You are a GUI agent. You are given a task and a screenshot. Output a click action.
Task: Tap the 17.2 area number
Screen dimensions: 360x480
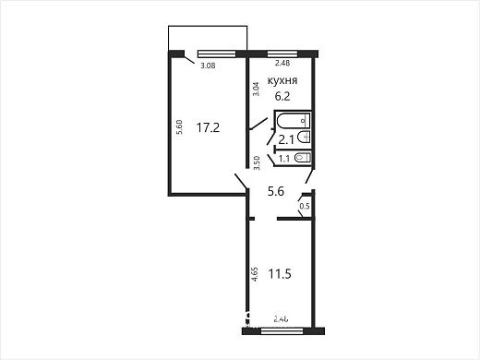[208, 127]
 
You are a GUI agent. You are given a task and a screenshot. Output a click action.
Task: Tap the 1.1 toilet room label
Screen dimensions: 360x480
[284, 159]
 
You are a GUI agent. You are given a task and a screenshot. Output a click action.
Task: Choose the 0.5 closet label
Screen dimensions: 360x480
[305, 206]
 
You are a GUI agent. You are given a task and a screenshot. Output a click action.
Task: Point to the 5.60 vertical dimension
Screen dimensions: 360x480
[178, 129]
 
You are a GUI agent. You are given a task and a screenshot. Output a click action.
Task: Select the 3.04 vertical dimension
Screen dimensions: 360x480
[257, 90]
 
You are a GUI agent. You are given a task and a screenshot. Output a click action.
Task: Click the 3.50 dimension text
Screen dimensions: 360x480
[257, 163]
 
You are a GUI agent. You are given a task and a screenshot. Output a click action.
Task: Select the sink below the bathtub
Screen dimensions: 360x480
[305, 138]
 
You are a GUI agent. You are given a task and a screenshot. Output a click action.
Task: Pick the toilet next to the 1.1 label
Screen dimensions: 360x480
[303, 158]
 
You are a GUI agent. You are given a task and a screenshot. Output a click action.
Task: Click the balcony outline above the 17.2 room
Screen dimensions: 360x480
[208, 37]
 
